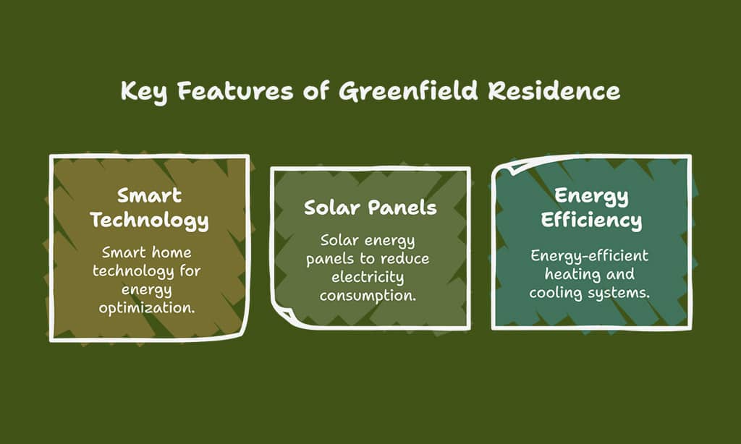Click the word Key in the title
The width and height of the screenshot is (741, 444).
(x=144, y=91)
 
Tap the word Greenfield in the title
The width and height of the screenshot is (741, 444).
(x=408, y=90)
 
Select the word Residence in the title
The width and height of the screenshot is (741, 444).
(x=554, y=90)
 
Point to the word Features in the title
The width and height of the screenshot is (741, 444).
(x=235, y=90)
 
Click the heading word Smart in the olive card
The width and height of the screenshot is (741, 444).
(x=149, y=195)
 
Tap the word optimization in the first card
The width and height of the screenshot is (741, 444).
(x=147, y=309)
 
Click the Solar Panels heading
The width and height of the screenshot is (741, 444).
(x=370, y=208)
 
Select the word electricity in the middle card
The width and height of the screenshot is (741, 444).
(x=368, y=277)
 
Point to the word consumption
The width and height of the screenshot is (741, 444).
(x=368, y=296)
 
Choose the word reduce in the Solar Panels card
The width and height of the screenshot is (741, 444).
(x=405, y=259)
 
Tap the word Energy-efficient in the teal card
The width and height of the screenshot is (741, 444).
(x=589, y=257)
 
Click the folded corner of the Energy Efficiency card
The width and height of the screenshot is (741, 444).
(x=512, y=166)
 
